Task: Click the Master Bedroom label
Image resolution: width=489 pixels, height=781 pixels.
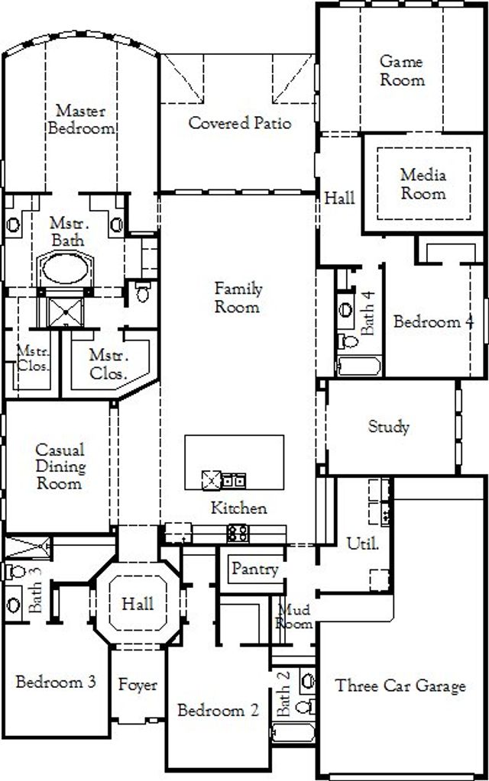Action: (x=80, y=120)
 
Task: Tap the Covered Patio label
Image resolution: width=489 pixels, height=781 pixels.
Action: (x=240, y=123)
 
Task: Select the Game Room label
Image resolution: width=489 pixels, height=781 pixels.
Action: (x=402, y=70)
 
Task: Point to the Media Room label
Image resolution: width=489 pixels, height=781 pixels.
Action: (x=423, y=184)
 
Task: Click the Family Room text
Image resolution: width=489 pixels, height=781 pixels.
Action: (x=238, y=298)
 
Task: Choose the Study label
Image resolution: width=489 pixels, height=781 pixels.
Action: (x=389, y=427)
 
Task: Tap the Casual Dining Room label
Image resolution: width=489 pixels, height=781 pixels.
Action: (x=60, y=466)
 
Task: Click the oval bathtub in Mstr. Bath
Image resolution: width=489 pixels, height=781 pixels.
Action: (x=65, y=269)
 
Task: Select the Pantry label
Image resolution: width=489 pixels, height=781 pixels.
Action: (x=254, y=569)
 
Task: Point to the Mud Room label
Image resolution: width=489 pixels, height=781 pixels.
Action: (x=295, y=616)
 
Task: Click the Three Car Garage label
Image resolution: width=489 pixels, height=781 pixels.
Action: (x=400, y=686)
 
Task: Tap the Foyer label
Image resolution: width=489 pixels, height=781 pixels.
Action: (x=138, y=685)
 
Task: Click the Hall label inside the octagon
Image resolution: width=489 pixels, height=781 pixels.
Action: (x=137, y=603)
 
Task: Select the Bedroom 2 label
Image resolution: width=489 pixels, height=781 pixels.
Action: (x=217, y=711)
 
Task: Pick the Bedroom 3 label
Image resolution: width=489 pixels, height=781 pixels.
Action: (x=56, y=682)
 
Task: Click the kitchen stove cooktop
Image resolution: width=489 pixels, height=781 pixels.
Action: (x=238, y=531)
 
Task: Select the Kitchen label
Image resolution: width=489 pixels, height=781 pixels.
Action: (x=239, y=508)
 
